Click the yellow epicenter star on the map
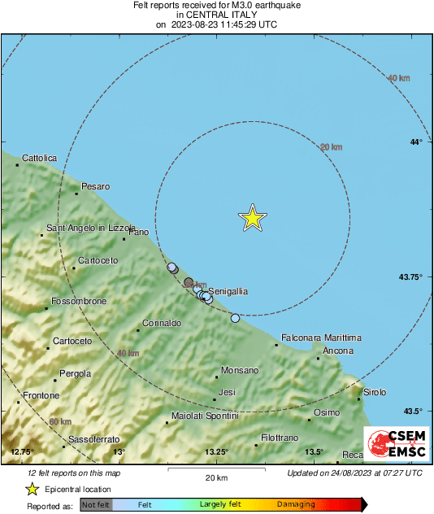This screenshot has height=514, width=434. (x=253, y=218)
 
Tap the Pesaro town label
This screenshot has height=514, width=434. (x=95, y=186)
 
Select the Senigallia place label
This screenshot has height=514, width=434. (x=228, y=290)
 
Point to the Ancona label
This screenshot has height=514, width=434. (x=338, y=351)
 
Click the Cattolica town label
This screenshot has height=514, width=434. (x=40, y=158)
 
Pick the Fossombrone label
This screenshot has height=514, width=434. (x=79, y=301)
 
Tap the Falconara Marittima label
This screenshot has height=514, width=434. (x=321, y=338)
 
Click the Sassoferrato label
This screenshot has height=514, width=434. (x=94, y=439)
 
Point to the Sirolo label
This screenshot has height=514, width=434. (x=375, y=392)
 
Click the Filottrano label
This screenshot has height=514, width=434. (x=280, y=438)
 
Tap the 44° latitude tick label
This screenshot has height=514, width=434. (x=416, y=142)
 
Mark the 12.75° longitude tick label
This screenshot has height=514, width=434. (x=22, y=451)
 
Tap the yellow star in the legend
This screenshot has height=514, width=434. (x=32, y=489)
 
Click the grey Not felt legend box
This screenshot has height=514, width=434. (x=96, y=505)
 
